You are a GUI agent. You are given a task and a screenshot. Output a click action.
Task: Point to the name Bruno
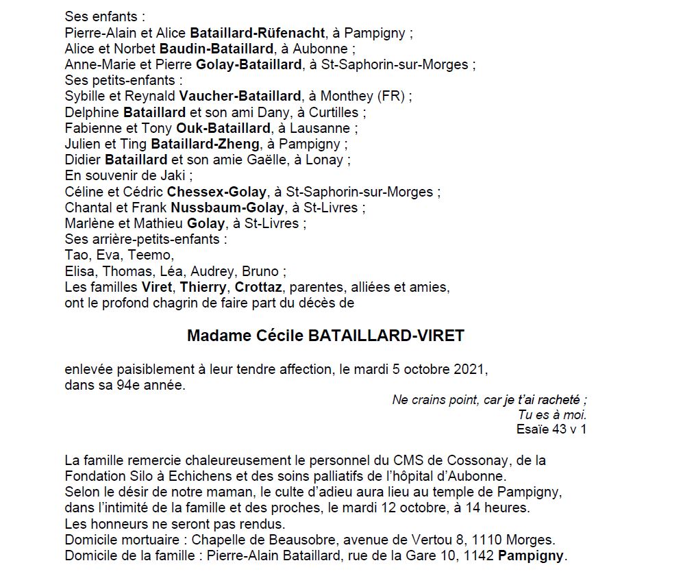pos(261,271)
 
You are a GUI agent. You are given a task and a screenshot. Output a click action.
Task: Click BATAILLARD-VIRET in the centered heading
pos(386,336)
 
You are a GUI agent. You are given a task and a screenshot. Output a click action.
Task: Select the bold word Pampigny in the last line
pos(532,555)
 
